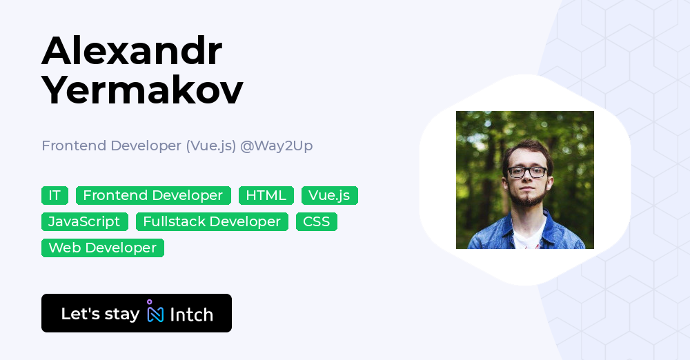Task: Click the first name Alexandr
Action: click(132, 50)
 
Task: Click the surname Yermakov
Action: click(142, 90)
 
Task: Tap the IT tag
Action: click(55, 196)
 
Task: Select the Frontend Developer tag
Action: click(153, 196)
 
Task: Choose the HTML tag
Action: click(266, 196)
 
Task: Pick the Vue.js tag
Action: click(329, 196)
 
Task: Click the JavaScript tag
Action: click(84, 222)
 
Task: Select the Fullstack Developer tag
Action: click(212, 222)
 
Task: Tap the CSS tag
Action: click(317, 222)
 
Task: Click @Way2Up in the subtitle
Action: click(277, 146)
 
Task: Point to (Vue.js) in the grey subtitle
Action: click(210, 146)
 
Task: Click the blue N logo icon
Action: click(155, 314)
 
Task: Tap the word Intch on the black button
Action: click(191, 314)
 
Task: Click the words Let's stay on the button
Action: click(100, 314)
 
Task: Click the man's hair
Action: click(524, 148)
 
